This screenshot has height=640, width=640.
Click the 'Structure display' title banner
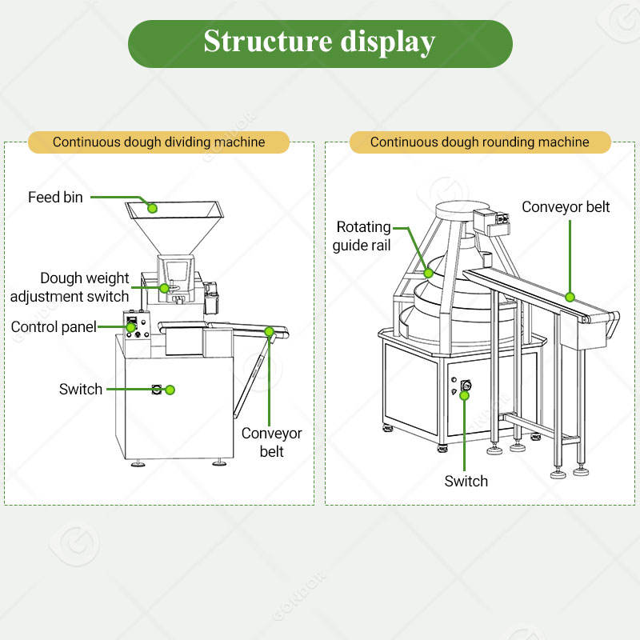(x=320, y=44)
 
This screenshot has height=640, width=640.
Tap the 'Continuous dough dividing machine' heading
(x=158, y=142)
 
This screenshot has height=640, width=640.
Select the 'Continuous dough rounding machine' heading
(x=480, y=142)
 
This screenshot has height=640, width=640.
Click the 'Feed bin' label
(x=55, y=197)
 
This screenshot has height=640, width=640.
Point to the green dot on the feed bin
(x=152, y=208)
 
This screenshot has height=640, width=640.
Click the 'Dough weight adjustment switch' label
(x=70, y=287)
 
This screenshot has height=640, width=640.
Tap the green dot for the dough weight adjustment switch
(x=164, y=288)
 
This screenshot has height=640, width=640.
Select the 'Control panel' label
(x=54, y=327)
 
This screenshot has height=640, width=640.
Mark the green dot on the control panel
(x=130, y=327)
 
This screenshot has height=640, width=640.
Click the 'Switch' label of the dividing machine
(x=81, y=390)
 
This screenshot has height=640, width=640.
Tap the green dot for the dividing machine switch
(x=170, y=390)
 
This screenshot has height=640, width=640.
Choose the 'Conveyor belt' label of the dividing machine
(x=271, y=442)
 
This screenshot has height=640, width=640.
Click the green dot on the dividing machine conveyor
(x=269, y=331)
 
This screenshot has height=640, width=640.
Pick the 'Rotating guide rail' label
(x=362, y=236)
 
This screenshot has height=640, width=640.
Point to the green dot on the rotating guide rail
(x=429, y=273)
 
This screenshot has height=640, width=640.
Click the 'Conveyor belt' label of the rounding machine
(x=566, y=207)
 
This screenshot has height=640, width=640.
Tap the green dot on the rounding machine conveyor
(x=570, y=297)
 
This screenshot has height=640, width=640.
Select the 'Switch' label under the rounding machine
(x=466, y=482)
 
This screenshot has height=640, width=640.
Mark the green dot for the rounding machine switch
(x=465, y=395)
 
